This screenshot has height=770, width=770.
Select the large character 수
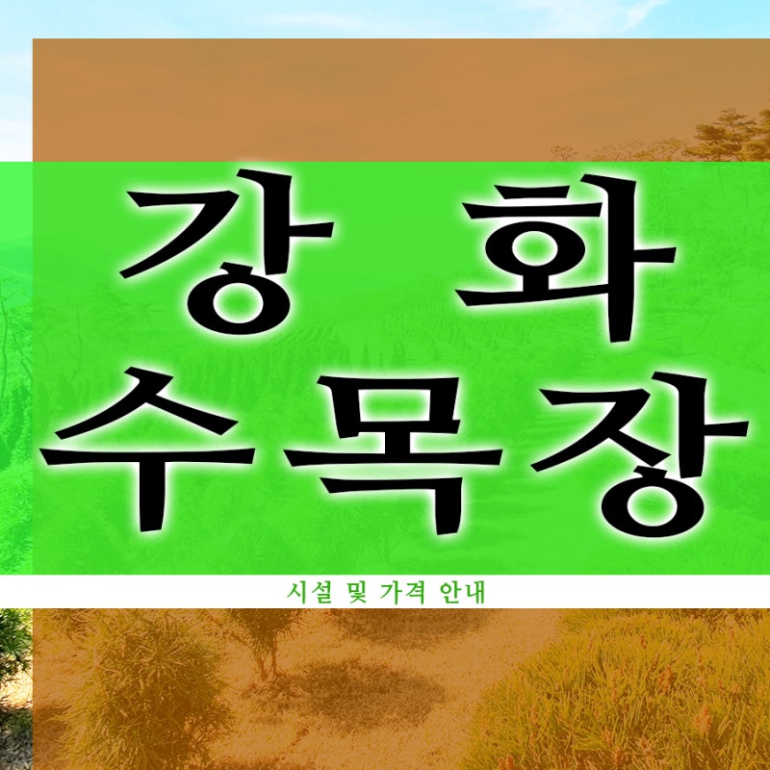[147, 449]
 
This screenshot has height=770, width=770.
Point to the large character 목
[393, 454]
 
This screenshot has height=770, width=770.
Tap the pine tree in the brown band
[727, 135]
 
